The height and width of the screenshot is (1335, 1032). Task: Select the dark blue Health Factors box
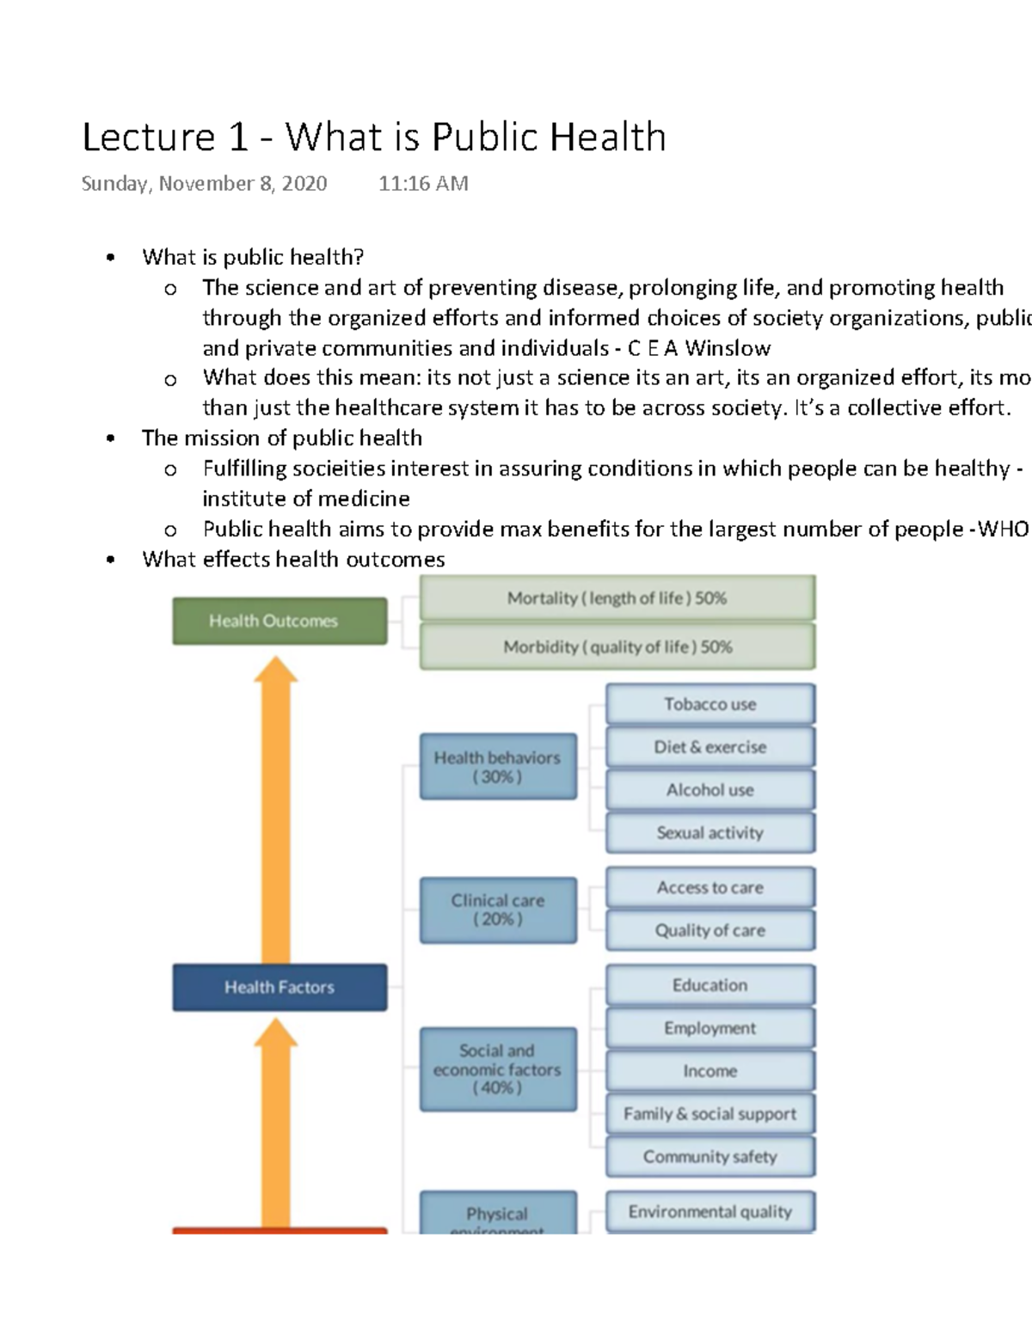(279, 987)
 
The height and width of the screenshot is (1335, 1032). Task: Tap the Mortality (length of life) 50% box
(617, 598)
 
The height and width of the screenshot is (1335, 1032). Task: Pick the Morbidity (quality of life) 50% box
(617, 646)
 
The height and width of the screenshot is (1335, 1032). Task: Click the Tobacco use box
(709, 704)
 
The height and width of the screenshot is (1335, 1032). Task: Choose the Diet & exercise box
(709, 747)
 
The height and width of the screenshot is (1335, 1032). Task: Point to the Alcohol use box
(709, 790)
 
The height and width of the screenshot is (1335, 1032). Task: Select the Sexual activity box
(709, 833)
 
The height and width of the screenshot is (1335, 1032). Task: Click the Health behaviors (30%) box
(497, 767)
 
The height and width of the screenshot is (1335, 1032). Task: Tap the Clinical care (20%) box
(497, 909)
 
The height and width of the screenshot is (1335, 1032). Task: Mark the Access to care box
(709, 888)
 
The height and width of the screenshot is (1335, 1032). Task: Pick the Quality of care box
(709, 930)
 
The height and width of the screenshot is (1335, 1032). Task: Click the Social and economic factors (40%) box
(497, 1069)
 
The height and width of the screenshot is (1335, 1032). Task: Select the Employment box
(709, 1028)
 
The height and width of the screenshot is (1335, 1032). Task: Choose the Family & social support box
(709, 1114)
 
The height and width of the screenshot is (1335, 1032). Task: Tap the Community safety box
(709, 1157)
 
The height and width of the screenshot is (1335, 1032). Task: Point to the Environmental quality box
(709, 1212)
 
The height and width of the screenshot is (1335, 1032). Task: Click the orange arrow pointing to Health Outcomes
(275, 808)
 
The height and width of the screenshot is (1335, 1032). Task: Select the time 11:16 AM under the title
(423, 184)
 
